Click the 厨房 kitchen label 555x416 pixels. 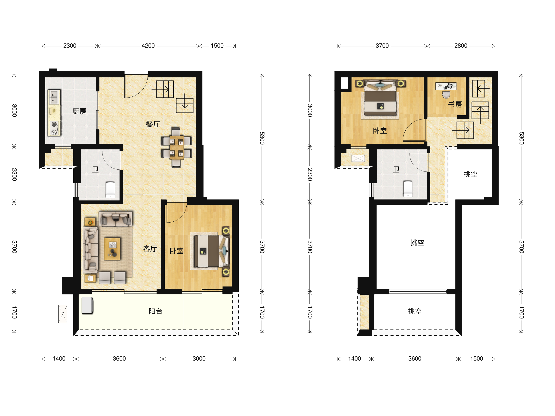point(79,111)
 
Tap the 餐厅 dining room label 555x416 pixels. point(153,124)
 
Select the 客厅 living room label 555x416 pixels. point(150,248)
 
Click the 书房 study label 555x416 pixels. point(455,104)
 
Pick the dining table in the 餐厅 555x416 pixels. point(176,147)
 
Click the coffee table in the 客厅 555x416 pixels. point(112,249)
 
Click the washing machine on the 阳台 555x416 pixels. point(87,306)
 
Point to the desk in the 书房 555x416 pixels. point(446,86)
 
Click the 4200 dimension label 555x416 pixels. point(148,46)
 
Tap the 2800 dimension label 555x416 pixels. point(461,46)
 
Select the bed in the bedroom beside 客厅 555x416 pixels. point(212,251)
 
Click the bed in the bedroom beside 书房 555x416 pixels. point(380,98)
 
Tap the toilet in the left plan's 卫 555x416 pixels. point(110,190)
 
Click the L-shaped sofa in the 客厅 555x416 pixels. point(91,250)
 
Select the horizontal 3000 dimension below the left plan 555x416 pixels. point(199,359)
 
